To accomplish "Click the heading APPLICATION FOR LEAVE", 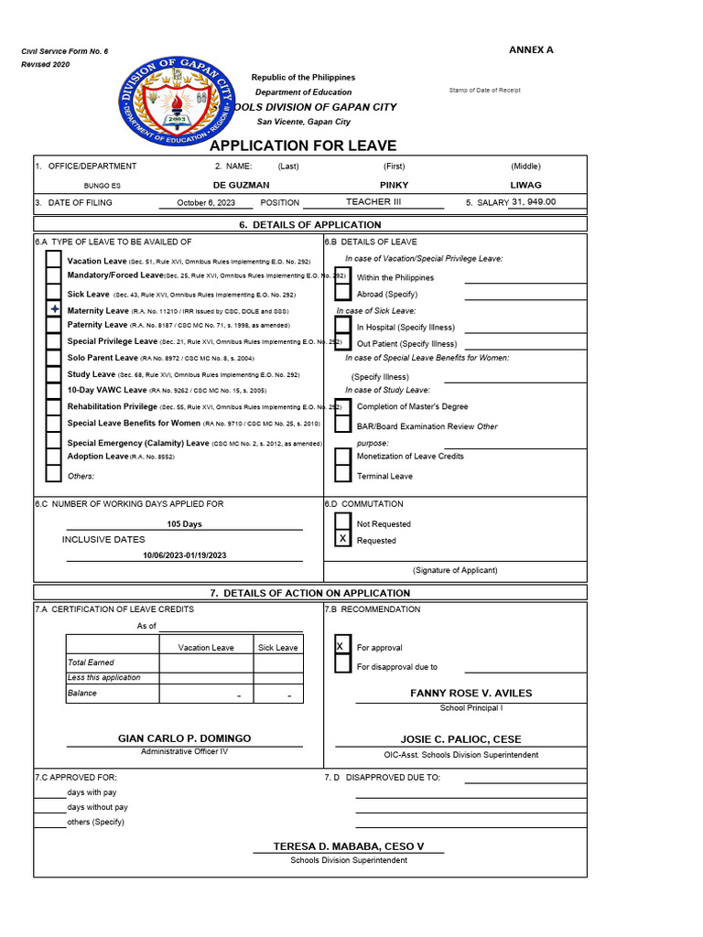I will [303, 145].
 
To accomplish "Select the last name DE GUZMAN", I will [241, 185].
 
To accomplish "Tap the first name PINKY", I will [394, 185].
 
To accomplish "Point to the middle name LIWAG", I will [525, 185].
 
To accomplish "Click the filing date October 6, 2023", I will [206, 203].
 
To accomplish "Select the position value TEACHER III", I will [373, 202].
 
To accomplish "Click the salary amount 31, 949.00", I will [534, 202].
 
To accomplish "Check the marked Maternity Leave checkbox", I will [54, 311].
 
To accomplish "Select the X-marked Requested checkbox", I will [342, 540].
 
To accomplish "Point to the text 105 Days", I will [184, 524].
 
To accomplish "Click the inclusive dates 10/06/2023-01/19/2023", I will [184, 555].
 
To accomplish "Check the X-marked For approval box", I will [341, 647].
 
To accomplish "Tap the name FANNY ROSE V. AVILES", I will [470, 694].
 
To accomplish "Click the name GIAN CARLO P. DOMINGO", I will [184, 738].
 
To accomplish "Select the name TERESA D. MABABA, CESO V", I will [349, 846].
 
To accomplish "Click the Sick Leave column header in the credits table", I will [277, 648].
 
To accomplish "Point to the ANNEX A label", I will [531, 49].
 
